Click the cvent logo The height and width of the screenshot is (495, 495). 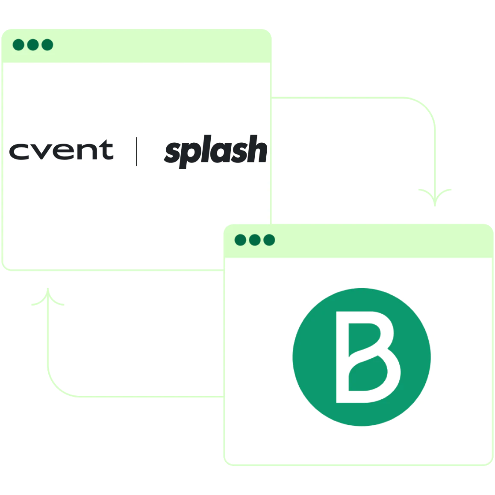[61, 150]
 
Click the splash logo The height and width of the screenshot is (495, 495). [216, 151]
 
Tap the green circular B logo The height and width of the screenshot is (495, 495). [362, 357]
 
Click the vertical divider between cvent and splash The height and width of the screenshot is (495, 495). [136, 151]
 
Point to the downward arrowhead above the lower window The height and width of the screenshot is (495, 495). [435, 197]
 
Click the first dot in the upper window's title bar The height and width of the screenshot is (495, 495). [18, 45]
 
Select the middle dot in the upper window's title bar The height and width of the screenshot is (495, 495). [33, 45]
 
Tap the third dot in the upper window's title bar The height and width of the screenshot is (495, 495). [47, 45]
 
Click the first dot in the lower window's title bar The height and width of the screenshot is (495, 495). [240, 240]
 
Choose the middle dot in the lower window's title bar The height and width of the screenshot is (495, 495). [255, 240]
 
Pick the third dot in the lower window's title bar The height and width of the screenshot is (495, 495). [269, 240]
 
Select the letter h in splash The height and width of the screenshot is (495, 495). [257, 149]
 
